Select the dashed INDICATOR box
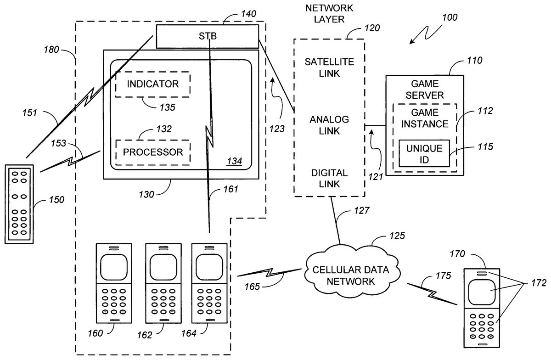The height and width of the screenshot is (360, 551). pos(152,84)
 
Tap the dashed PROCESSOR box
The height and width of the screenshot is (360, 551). pos(152,152)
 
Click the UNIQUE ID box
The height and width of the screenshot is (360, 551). pos(424,153)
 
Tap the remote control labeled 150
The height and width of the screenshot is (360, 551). pos(19,203)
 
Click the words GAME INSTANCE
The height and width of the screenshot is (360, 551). pos(423,118)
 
